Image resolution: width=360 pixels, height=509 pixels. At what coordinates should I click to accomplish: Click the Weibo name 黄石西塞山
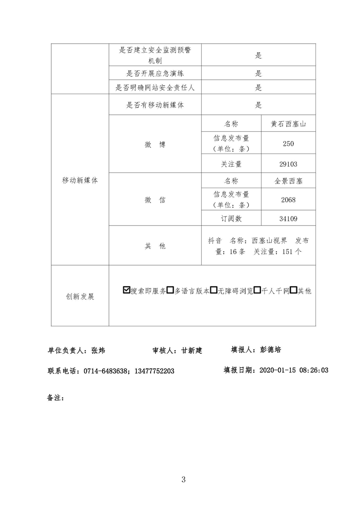point(288,124)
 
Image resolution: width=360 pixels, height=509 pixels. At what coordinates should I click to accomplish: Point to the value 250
point(288,144)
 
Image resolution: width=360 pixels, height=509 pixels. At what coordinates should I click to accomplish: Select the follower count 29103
point(288,165)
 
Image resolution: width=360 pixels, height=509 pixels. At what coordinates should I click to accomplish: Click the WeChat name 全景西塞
point(288,181)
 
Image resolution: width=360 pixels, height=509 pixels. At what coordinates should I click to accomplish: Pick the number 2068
point(288,200)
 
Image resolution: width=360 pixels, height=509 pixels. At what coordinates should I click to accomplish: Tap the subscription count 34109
point(288,219)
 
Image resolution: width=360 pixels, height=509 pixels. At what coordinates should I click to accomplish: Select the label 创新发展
point(80,297)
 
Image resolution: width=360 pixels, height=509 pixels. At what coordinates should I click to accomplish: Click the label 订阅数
point(231,219)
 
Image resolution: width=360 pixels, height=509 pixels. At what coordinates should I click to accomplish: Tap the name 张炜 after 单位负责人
point(98,350)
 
